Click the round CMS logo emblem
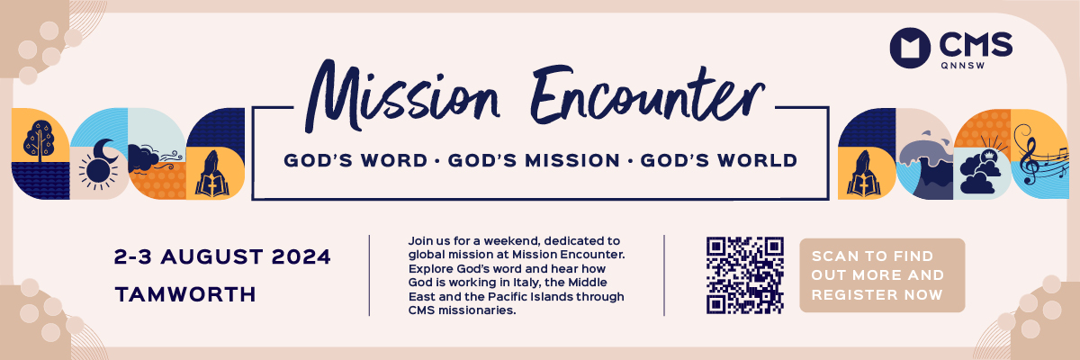[910, 48]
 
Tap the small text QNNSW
[962, 66]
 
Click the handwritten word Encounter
[647, 97]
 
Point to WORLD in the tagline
[757, 160]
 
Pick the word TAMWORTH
[185, 294]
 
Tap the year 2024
[301, 256]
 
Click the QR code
[745, 275]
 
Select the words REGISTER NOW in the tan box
[877, 294]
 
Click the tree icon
[39, 140]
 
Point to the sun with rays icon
[98, 170]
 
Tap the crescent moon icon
[106, 151]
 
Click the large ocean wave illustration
[924, 164]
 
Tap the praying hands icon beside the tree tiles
[211, 174]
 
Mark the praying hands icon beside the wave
[863, 174]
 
